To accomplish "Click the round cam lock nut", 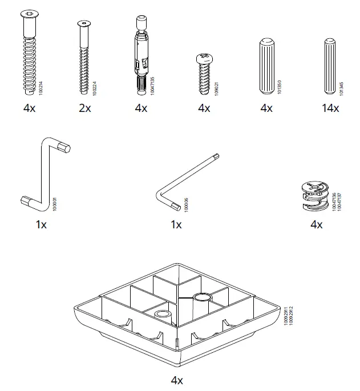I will (314, 197).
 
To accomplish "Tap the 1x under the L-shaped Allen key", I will (176, 225).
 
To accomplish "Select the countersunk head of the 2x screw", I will (84, 23).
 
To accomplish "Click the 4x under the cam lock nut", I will (317, 225).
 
